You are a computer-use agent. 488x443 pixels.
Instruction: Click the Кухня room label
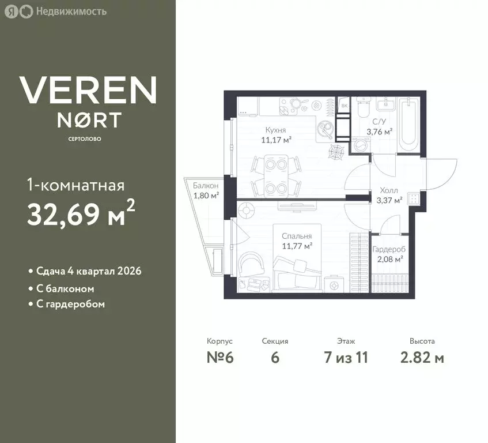pos(275,130)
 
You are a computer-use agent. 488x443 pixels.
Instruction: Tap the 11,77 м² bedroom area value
pos(297,246)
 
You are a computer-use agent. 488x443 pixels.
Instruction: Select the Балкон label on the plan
pos(206,186)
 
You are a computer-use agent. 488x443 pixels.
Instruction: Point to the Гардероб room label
pos(389,250)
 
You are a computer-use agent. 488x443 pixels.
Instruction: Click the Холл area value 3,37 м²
pos(389,200)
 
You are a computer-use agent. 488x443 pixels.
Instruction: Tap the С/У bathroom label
pos(379,122)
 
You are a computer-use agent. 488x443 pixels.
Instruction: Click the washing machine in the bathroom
pos(361,145)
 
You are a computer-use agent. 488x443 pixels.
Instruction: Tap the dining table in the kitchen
pos(276,177)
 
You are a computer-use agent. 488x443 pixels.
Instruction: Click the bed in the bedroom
pos(297,258)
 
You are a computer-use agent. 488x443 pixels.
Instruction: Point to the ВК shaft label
pos(344,106)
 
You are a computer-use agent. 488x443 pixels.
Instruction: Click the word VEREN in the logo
pos(88,90)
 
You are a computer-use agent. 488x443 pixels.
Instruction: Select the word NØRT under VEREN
pos(89,121)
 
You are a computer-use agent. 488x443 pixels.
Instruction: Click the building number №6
pos(220,357)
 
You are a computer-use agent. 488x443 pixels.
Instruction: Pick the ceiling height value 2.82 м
pos(422,357)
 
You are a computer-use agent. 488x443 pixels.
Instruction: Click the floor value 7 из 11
pos(346,357)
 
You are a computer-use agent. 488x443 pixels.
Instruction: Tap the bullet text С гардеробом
pos(70,304)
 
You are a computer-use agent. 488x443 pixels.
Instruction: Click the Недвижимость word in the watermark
pos(71,12)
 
